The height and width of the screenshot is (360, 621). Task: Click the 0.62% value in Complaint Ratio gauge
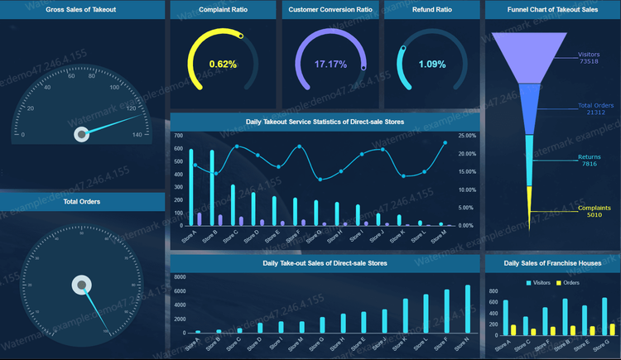(223, 64)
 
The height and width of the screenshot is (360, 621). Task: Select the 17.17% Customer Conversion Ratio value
(330, 64)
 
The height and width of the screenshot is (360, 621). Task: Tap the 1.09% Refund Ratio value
(431, 64)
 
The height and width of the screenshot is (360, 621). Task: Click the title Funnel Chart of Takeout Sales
(552, 10)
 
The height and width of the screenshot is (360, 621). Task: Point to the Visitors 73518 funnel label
(589, 58)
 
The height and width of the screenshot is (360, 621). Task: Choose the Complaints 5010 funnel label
(595, 211)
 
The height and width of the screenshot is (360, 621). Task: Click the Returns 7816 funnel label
(589, 160)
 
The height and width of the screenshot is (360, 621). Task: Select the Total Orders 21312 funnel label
(595, 108)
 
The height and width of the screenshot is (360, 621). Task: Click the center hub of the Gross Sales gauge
(81, 134)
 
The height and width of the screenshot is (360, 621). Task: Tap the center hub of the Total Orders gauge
(81, 286)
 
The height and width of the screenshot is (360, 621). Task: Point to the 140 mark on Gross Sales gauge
(137, 134)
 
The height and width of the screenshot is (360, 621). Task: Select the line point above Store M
(445, 142)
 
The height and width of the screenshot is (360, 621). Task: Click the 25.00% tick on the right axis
(466, 135)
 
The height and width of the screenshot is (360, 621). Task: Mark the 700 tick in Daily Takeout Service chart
(179, 135)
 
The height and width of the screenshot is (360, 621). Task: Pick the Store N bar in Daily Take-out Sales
(467, 309)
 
